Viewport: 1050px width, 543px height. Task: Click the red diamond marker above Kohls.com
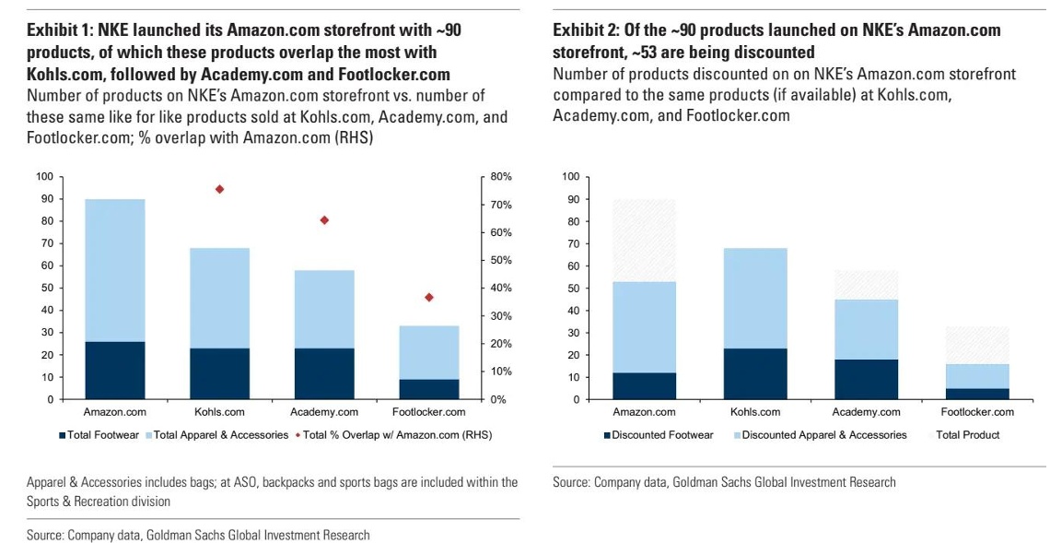pyautogui.click(x=219, y=189)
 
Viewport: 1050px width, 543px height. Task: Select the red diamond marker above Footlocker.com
pyautogui.click(x=428, y=297)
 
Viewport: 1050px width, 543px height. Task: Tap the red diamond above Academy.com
pyautogui.click(x=324, y=220)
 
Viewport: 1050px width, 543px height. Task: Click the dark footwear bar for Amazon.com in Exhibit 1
pyautogui.click(x=114, y=371)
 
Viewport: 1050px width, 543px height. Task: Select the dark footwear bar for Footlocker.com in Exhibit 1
pyautogui.click(x=428, y=389)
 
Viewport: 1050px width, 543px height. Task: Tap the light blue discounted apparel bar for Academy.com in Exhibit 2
pyautogui.click(x=867, y=329)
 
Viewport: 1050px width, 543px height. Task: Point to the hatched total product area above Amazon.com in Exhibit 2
pyautogui.click(x=644, y=241)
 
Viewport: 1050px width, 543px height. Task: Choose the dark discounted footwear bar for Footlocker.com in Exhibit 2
pyautogui.click(x=978, y=394)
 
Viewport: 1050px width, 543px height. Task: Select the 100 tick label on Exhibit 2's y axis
pyautogui.click(x=571, y=176)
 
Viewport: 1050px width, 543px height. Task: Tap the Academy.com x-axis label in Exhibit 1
pyautogui.click(x=324, y=412)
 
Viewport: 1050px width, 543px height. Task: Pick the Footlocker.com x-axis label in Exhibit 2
pyautogui.click(x=978, y=412)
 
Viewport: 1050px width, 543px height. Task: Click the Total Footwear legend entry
pyautogui.click(x=101, y=434)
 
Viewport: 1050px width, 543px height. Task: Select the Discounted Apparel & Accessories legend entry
pyautogui.click(x=820, y=434)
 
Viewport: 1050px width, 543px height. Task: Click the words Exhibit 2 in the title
pyautogui.click(x=586, y=30)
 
